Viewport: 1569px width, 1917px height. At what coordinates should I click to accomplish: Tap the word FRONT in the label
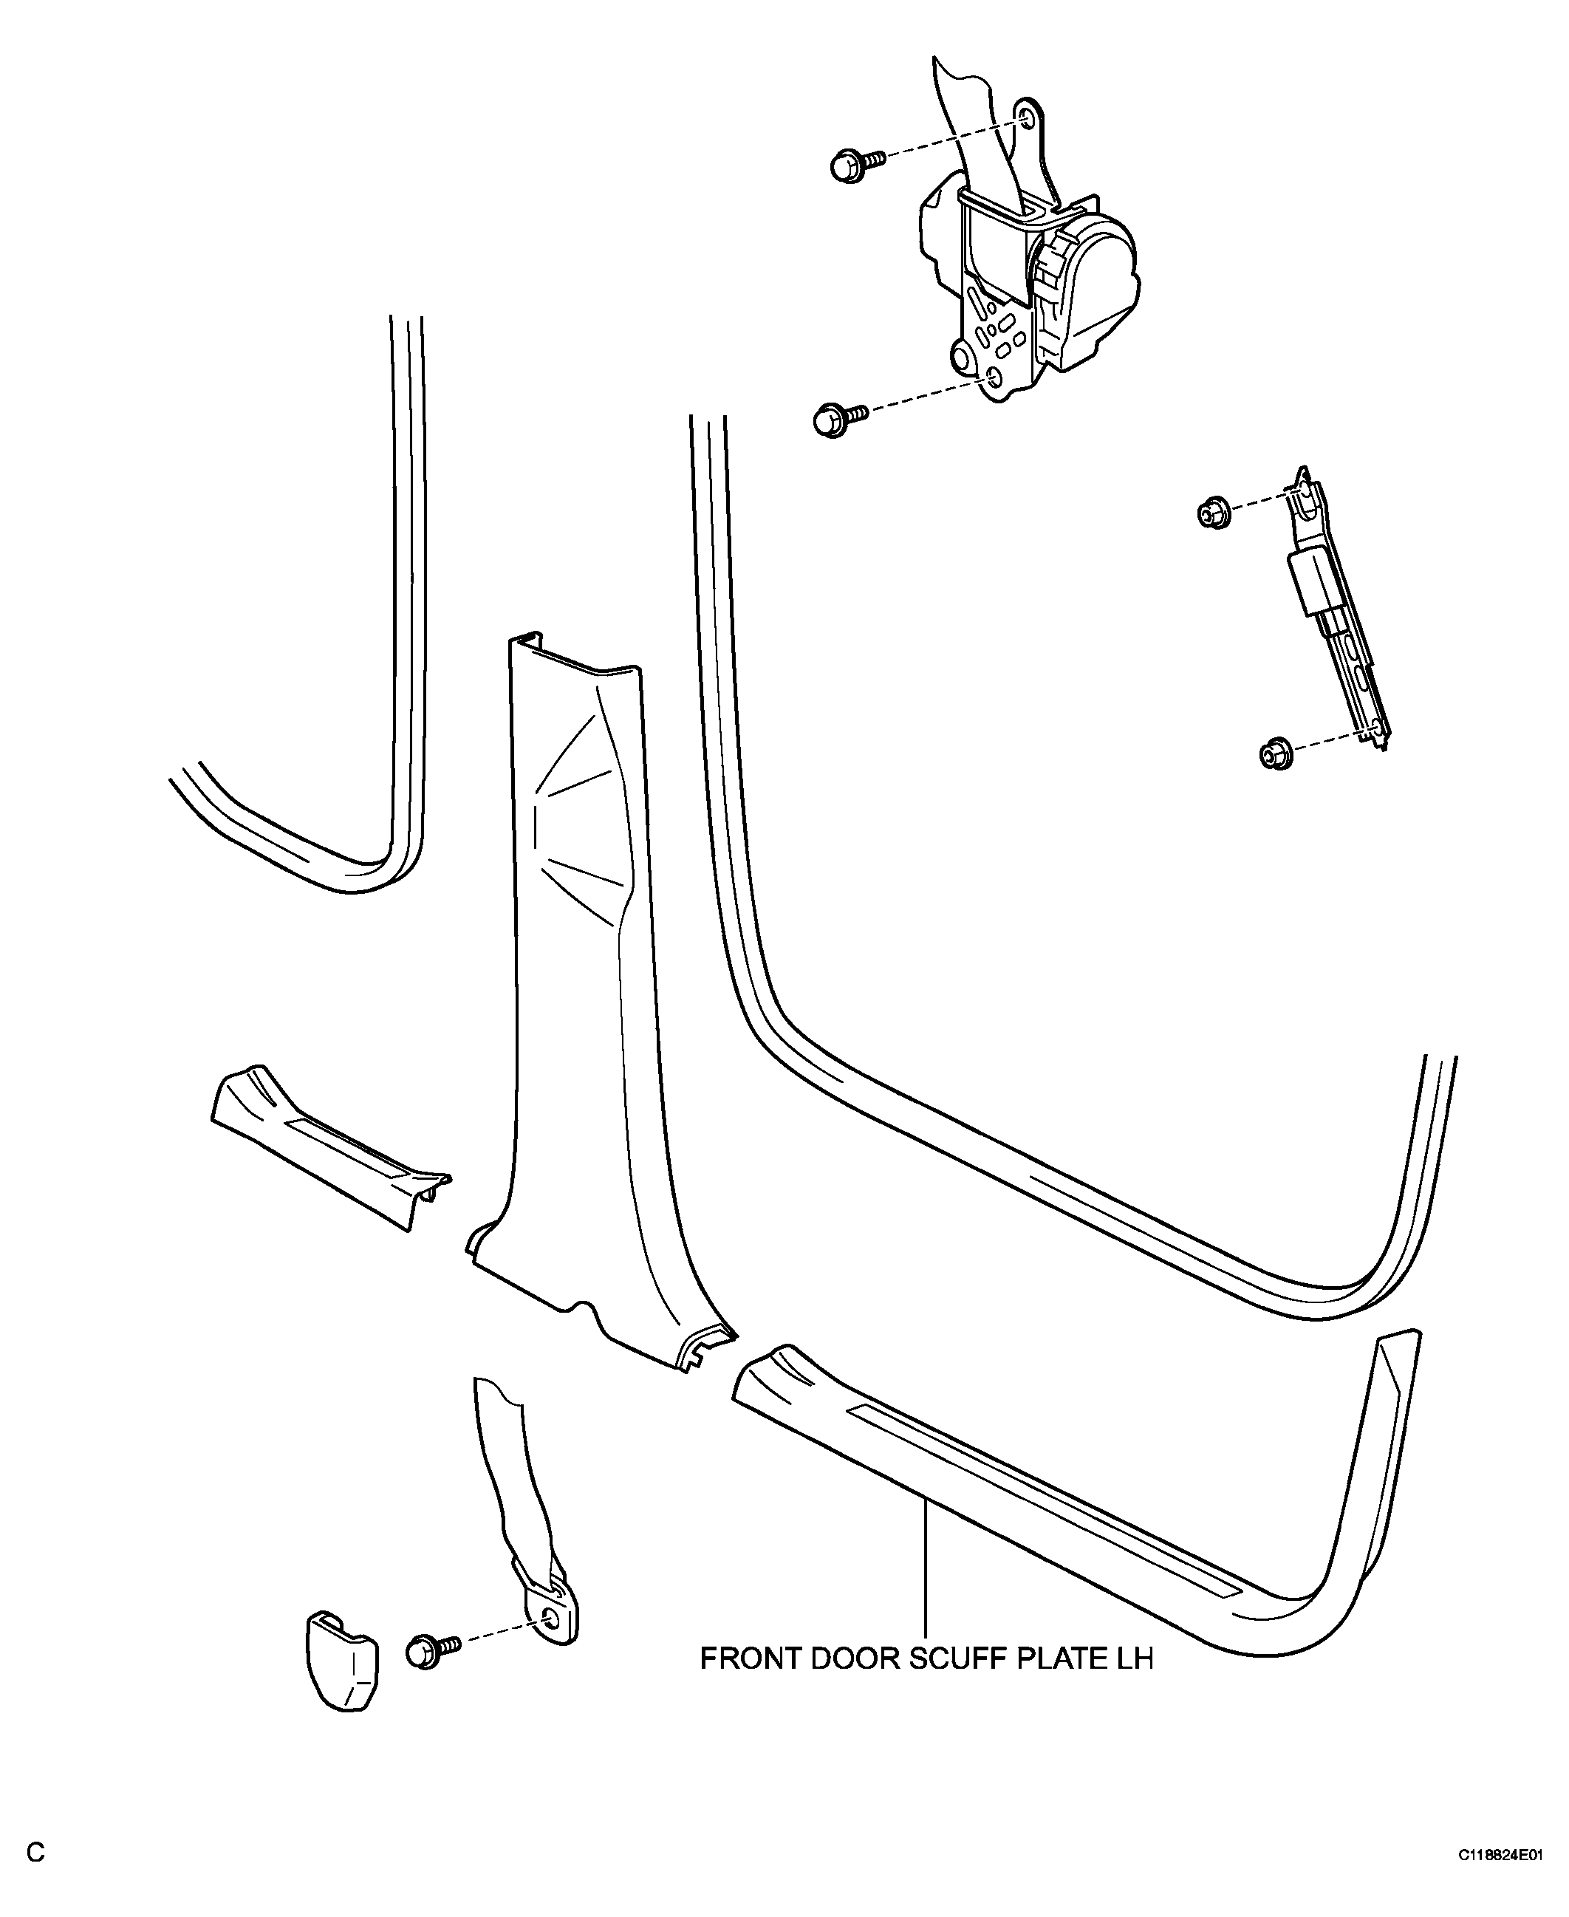pos(748,1659)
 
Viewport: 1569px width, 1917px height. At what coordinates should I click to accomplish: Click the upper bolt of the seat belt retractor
pos(856,166)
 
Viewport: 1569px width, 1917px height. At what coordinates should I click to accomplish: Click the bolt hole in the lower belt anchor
pos(550,1618)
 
